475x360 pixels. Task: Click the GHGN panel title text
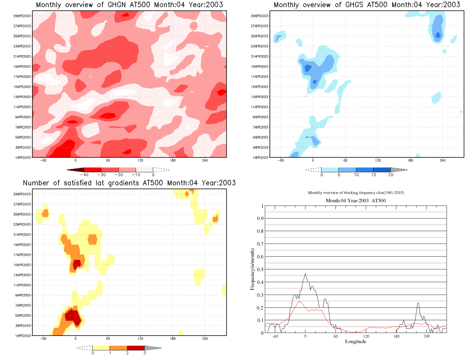[x=129, y=5]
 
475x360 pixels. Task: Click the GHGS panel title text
[x=367, y=5]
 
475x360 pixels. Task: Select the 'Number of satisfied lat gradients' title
[x=129, y=183]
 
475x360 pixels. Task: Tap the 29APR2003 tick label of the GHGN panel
[x=22, y=16]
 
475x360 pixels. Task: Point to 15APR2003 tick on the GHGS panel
[x=260, y=87]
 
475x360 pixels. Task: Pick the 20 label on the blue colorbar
[x=391, y=175]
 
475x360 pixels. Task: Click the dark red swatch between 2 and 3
[x=136, y=348]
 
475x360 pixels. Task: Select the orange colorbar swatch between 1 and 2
[x=118, y=348]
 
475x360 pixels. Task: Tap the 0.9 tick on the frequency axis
[x=260, y=218]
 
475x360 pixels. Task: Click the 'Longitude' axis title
[x=356, y=342]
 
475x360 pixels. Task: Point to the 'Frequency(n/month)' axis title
[x=252, y=269]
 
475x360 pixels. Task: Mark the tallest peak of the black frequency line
[x=305, y=274]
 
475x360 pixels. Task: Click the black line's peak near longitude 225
[x=418, y=303]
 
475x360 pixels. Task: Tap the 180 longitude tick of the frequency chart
[x=396, y=337]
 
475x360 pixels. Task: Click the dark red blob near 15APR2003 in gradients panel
[x=77, y=264]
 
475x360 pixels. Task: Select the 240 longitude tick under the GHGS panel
[x=442, y=160]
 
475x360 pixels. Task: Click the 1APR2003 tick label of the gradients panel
[x=23, y=336]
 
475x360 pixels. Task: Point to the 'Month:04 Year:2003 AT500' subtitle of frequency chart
[x=356, y=201]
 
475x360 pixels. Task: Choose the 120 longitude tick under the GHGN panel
[x=140, y=160]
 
